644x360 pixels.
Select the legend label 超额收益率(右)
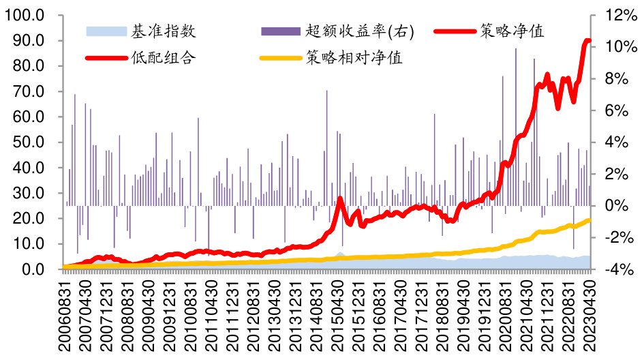click(x=360, y=31)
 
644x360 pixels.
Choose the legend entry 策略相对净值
click(x=354, y=57)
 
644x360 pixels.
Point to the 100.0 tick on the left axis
click(x=25, y=15)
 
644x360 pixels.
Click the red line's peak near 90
click(x=587, y=42)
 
